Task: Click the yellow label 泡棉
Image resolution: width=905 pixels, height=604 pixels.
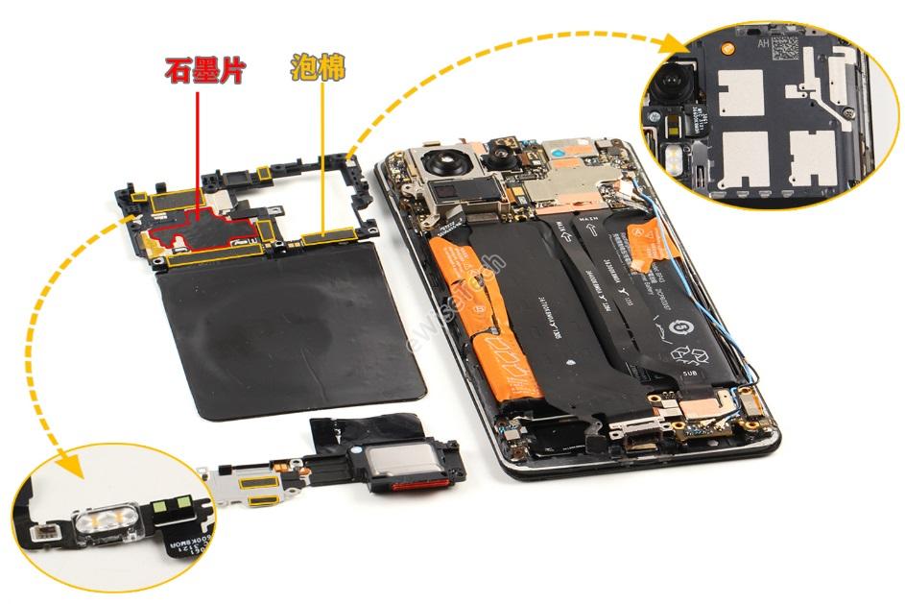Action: [x=318, y=67]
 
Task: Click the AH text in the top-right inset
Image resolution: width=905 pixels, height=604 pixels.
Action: [x=764, y=43]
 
